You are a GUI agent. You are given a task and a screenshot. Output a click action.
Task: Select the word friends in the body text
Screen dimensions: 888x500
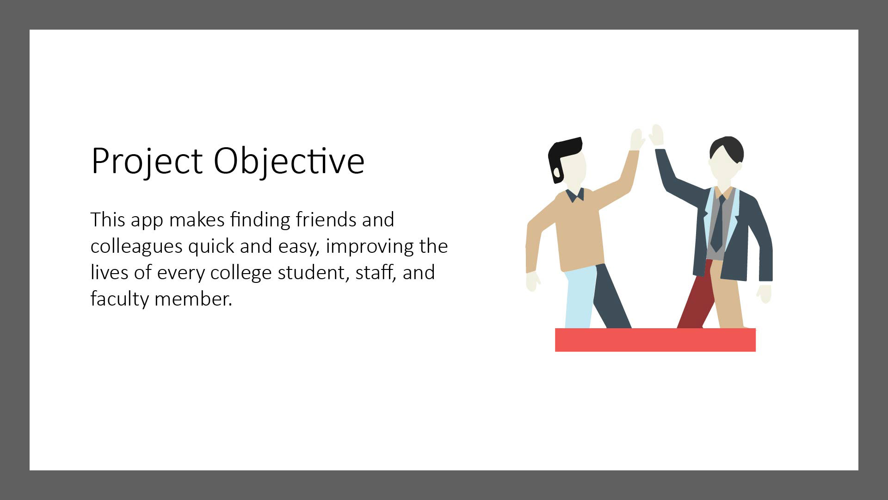pos(326,219)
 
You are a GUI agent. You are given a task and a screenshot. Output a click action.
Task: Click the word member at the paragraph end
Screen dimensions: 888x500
pos(193,299)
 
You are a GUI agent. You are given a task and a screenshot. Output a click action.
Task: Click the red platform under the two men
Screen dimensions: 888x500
pos(655,340)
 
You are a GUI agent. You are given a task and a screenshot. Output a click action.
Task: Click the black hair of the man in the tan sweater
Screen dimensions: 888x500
pos(562,155)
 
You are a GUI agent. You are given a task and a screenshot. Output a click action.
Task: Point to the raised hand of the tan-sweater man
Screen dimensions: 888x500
pos(637,139)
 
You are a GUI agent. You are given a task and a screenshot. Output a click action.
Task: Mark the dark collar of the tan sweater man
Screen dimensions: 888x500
pos(575,194)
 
